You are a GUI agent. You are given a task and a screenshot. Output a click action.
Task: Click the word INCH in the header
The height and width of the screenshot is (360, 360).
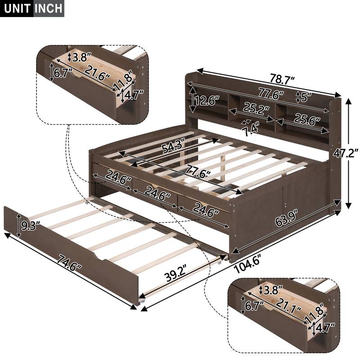(x=49, y=8)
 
